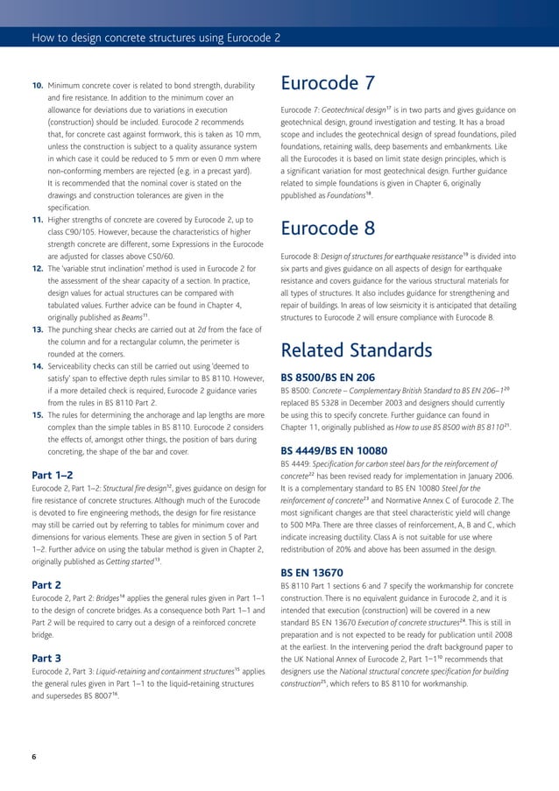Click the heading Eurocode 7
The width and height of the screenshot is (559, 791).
[328, 85]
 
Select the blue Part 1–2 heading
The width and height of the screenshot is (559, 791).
[53, 474]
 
